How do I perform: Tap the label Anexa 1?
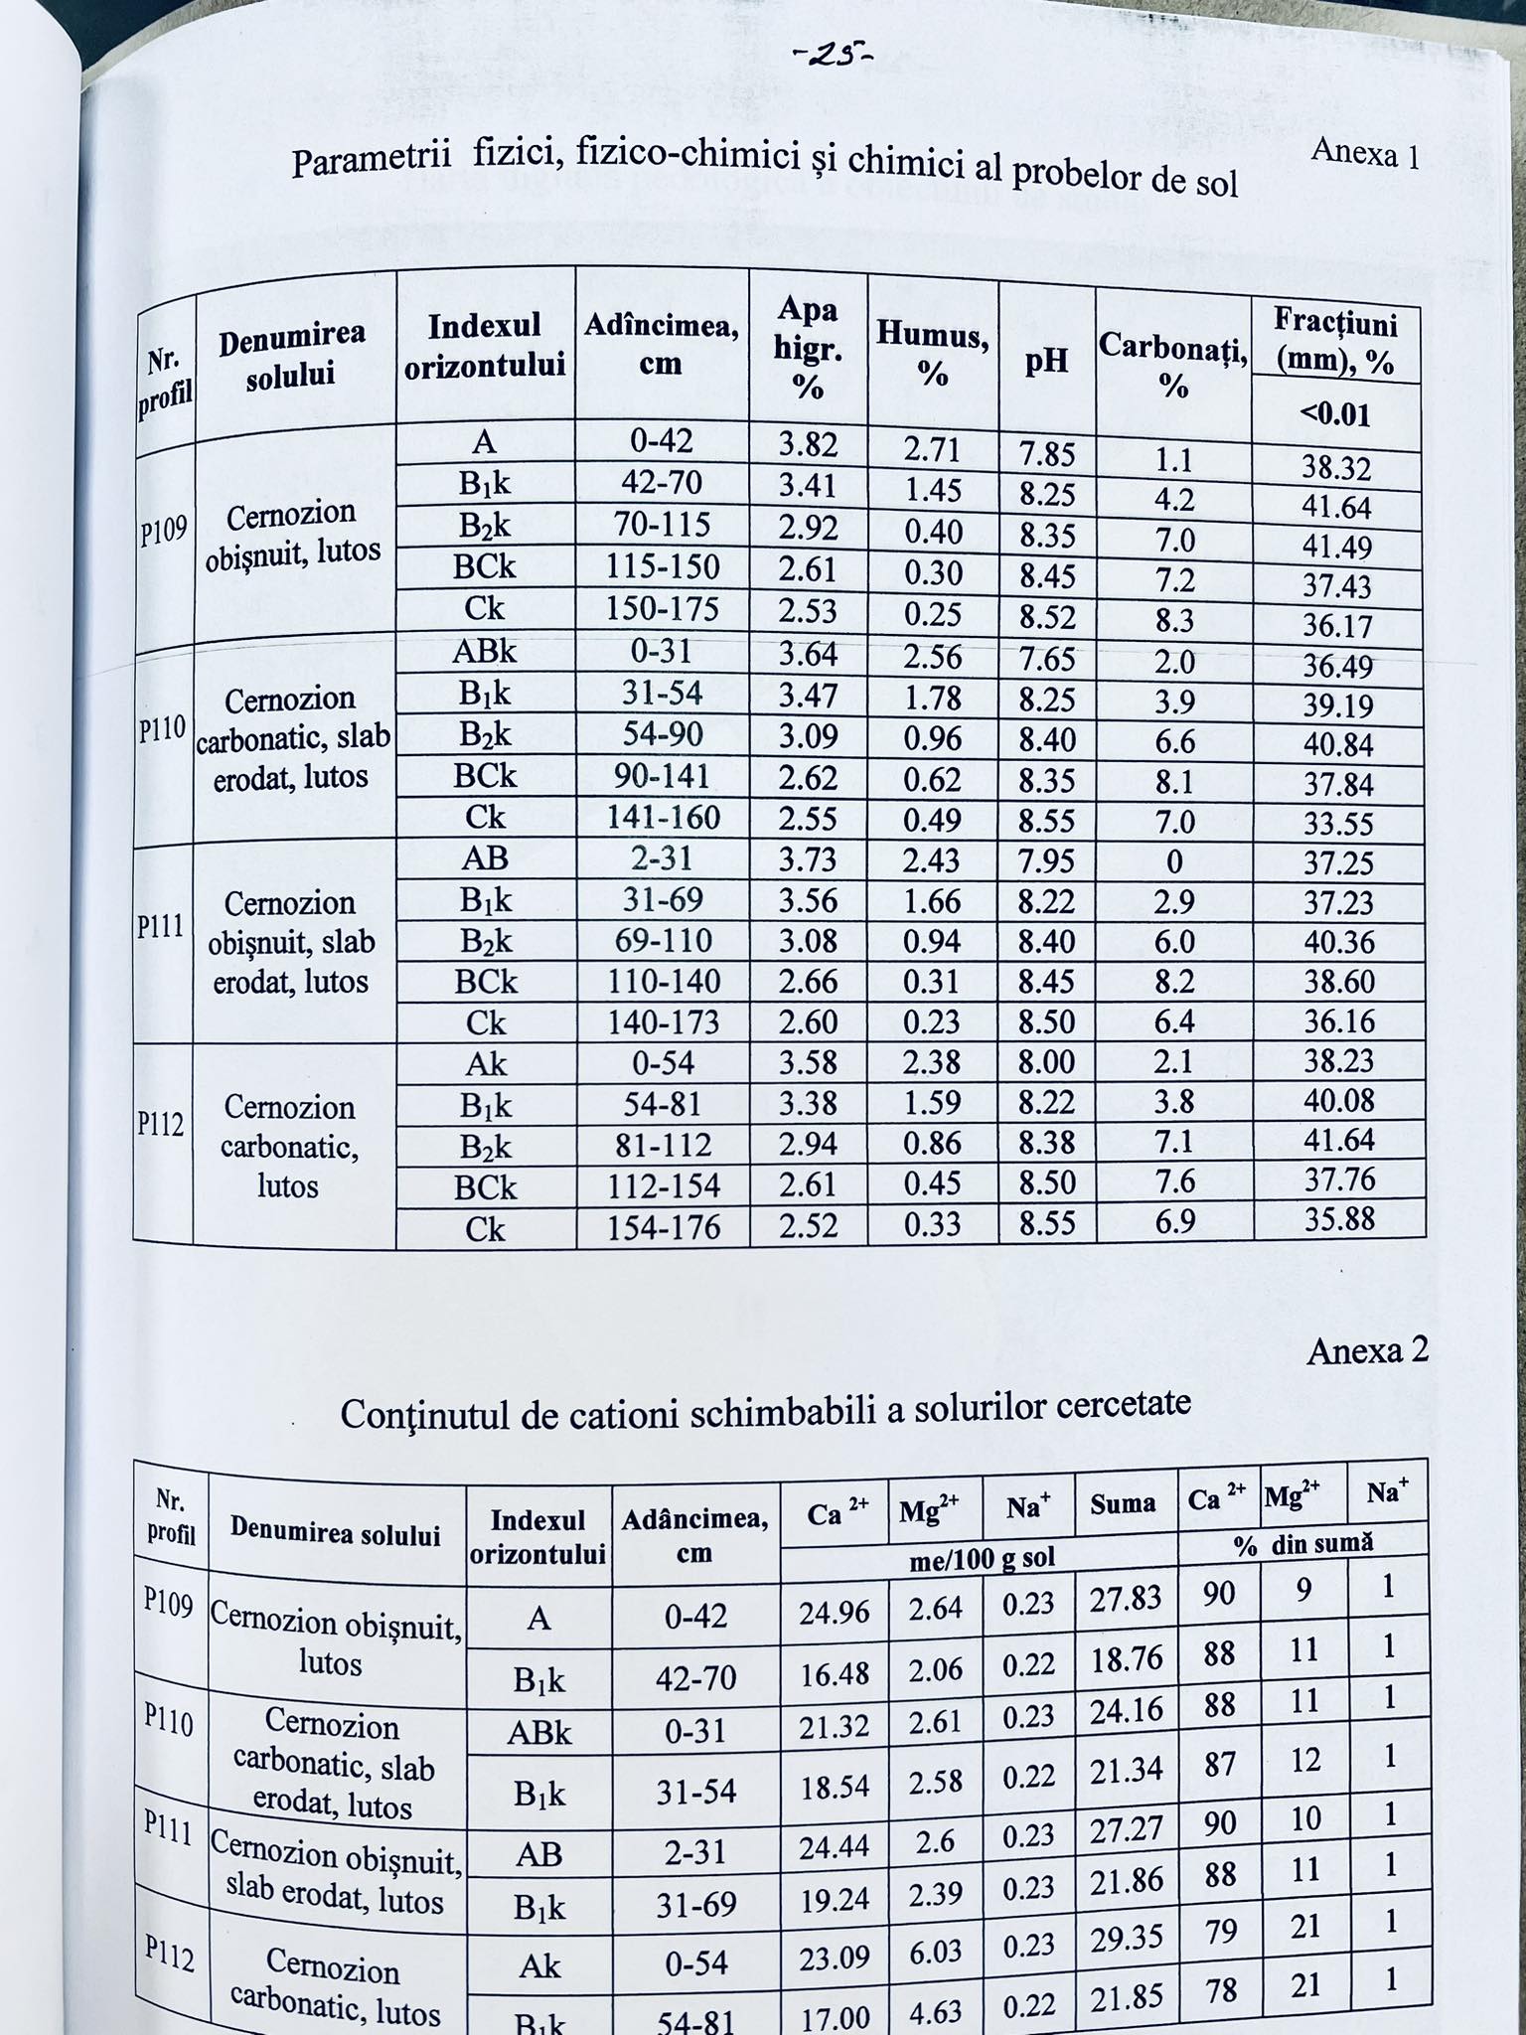click(x=1364, y=154)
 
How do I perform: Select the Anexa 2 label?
click(x=1367, y=1350)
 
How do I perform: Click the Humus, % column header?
click(x=932, y=354)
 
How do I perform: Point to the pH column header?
click(x=1046, y=361)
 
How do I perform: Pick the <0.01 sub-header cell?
click(x=1336, y=413)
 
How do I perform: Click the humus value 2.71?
click(x=932, y=449)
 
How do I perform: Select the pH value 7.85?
click(x=1047, y=454)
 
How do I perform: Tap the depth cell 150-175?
click(x=662, y=609)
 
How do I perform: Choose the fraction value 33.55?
click(x=1338, y=824)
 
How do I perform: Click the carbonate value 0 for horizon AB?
click(x=1174, y=861)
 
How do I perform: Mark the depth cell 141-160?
click(x=663, y=818)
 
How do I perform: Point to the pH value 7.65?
click(x=1047, y=658)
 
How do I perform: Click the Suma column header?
click(x=1123, y=1504)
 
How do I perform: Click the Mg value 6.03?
click(x=934, y=1951)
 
